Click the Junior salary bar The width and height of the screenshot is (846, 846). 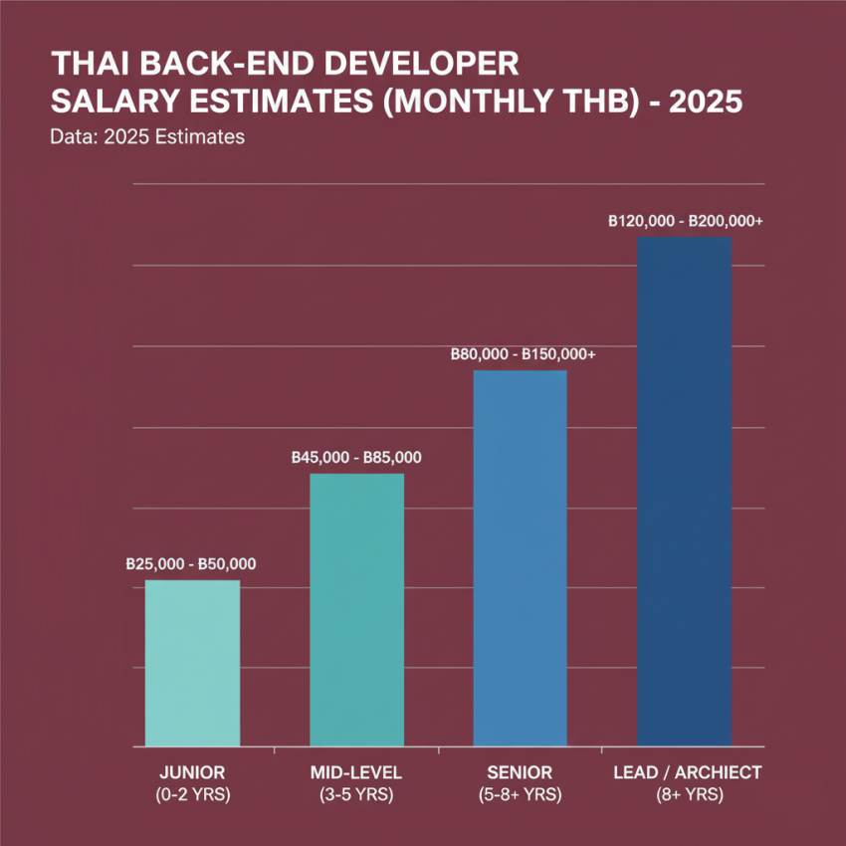pos(192,663)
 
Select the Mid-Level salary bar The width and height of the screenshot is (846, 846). pos(357,609)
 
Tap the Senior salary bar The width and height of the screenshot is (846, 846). pos(520,557)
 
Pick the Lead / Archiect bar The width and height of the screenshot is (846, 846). pos(684,491)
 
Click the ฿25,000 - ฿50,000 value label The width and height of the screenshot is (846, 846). pos(191,564)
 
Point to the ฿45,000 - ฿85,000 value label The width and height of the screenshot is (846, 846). pos(356,458)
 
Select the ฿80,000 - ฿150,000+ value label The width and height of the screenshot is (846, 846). pos(523,354)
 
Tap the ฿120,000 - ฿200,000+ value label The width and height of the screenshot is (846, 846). pos(685,222)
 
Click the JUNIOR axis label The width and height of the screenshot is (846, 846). pos(193,772)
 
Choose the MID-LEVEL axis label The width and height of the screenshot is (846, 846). pos(357,772)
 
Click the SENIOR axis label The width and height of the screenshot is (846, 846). pos(521,772)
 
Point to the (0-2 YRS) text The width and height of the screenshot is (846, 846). pos(193,794)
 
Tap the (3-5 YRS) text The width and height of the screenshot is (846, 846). pos(357,794)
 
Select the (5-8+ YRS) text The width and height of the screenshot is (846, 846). pos(521,794)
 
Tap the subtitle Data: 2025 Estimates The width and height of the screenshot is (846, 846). pos(146,136)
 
